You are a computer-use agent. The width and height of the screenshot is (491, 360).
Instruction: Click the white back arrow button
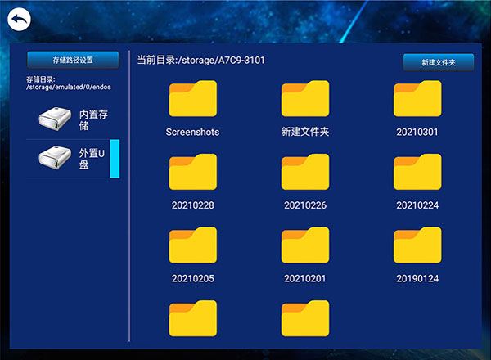(x=19, y=20)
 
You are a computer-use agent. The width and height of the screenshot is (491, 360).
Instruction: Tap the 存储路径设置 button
(x=73, y=60)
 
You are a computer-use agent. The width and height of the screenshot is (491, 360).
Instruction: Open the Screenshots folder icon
(x=193, y=99)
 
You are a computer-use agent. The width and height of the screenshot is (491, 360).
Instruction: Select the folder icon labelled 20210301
(x=417, y=99)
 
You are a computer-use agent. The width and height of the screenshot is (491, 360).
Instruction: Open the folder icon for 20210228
(x=193, y=172)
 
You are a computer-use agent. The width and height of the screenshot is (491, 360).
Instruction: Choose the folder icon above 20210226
(x=305, y=172)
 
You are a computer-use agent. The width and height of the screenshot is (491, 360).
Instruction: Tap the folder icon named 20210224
(x=417, y=172)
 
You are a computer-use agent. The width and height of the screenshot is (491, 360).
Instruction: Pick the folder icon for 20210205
(x=193, y=245)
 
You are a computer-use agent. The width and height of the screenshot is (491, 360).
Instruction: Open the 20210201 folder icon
(x=305, y=245)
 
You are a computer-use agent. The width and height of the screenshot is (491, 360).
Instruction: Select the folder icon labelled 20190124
(x=417, y=245)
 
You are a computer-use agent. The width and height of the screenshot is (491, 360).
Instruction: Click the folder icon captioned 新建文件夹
(x=305, y=99)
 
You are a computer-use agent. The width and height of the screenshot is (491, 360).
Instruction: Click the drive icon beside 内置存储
(x=55, y=119)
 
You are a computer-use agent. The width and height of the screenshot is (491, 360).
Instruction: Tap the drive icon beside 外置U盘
(x=55, y=157)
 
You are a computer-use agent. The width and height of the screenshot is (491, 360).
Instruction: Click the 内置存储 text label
(x=93, y=120)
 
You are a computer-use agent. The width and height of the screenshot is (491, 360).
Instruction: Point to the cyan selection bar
(x=115, y=159)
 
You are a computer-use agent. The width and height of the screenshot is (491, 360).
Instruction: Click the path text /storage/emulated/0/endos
(x=69, y=87)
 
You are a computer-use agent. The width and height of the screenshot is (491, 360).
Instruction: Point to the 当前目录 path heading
(x=200, y=60)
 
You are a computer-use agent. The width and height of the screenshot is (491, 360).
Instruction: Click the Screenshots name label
(x=192, y=132)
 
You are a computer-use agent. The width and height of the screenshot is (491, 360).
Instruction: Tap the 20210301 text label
(x=417, y=132)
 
